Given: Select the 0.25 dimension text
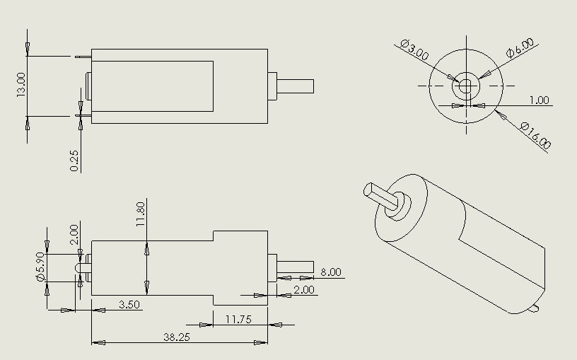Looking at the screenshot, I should (x=75, y=161).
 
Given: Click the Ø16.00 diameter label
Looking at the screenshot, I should (x=535, y=135).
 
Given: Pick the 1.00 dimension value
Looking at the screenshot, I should (x=539, y=100).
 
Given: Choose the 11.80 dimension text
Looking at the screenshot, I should (x=140, y=212).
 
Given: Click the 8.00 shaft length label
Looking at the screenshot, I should (x=330, y=272).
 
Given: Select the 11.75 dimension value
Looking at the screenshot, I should (x=238, y=319).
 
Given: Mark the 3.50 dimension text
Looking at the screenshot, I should (x=129, y=304).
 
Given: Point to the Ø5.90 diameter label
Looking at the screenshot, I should (x=40, y=268).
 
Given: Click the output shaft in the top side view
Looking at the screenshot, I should (x=296, y=85).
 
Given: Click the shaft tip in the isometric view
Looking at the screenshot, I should (x=372, y=190).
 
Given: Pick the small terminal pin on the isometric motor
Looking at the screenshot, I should (x=535, y=308).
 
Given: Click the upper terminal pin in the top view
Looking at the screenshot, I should (x=82, y=55).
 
